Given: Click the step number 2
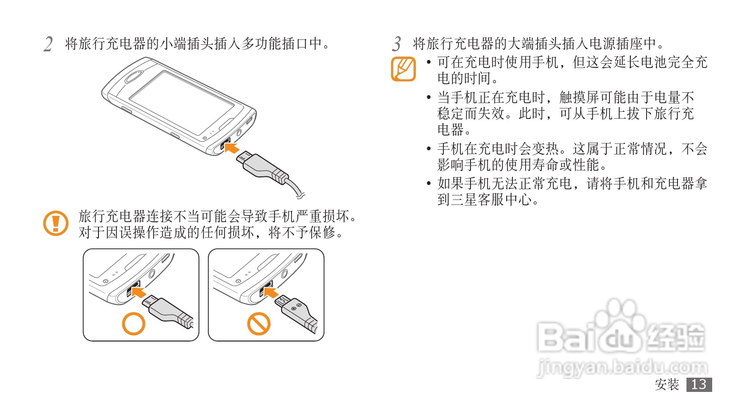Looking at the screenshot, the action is point(48,44).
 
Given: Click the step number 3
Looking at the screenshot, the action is point(396,44).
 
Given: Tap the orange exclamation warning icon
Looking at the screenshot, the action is point(56,223).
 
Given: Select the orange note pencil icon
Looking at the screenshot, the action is point(403,69).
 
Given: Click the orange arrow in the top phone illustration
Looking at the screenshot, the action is point(232,147).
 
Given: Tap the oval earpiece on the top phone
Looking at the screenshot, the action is point(135,77).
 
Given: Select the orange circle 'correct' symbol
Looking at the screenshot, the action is point(134,324).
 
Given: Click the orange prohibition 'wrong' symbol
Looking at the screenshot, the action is point(258,324).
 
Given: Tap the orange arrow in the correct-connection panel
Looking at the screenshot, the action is point(139,292).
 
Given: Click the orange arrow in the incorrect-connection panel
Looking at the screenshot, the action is point(271,292).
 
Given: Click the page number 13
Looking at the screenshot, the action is point(699,384).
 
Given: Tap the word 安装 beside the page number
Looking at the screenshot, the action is point(667,384).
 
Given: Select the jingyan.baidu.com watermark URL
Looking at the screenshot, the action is point(622,368).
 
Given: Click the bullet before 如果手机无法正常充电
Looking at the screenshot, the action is point(429,184).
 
